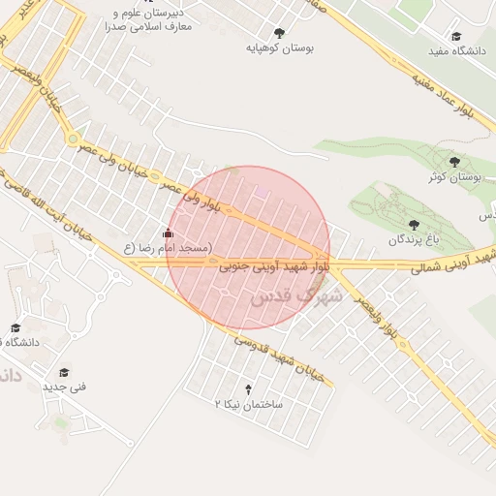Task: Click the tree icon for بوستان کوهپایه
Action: coord(280,32)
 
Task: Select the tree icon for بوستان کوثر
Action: coord(454,162)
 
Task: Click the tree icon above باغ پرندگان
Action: coord(415,224)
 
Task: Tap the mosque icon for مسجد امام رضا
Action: coord(169,232)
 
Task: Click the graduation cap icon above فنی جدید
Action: coord(65,372)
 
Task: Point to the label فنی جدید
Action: coord(65,387)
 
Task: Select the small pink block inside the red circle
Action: coord(262,194)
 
